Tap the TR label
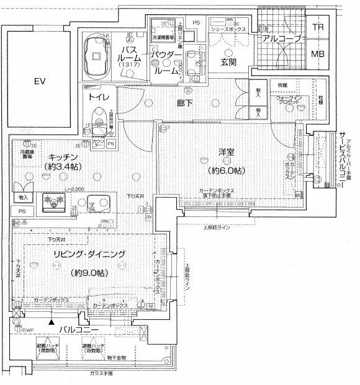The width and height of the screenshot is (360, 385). [x=318, y=28]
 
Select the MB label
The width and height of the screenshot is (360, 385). [x=318, y=54]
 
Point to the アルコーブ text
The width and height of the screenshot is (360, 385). [x=282, y=38]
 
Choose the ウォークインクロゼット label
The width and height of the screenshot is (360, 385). [x=289, y=100]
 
